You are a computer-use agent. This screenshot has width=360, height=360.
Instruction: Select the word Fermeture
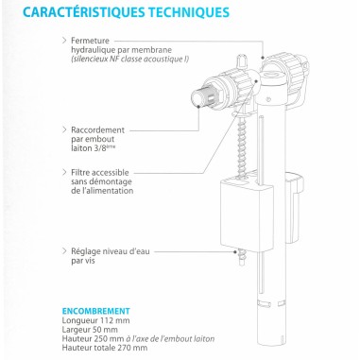point(92,41)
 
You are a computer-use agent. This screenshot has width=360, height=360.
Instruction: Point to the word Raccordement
point(98,128)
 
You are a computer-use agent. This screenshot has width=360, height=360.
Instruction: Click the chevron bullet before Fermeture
point(63,41)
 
